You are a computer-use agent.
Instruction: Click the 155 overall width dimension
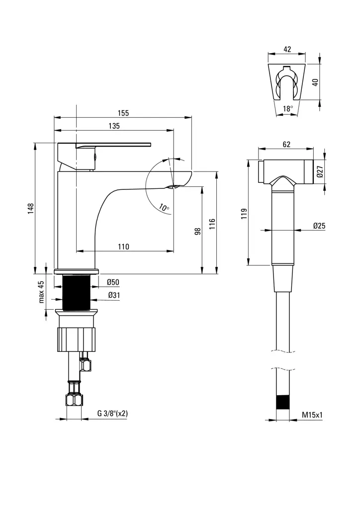(123, 113)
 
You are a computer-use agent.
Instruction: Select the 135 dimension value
(114, 126)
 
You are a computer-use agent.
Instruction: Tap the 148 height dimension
(30, 208)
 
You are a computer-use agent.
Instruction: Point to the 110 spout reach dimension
(123, 247)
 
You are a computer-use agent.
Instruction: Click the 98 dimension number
(197, 231)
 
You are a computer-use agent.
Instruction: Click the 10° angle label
(164, 207)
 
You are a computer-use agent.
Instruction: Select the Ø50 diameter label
(113, 282)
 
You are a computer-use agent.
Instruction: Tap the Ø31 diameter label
(113, 295)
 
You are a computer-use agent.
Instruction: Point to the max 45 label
(42, 292)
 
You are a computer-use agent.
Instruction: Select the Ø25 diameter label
(319, 226)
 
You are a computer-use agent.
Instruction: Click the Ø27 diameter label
(320, 172)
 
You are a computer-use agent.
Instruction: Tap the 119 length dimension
(244, 213)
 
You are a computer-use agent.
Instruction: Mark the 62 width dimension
(286, 145)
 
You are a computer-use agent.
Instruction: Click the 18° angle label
(288, 108)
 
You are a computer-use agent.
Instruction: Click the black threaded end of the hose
(283, 402)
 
